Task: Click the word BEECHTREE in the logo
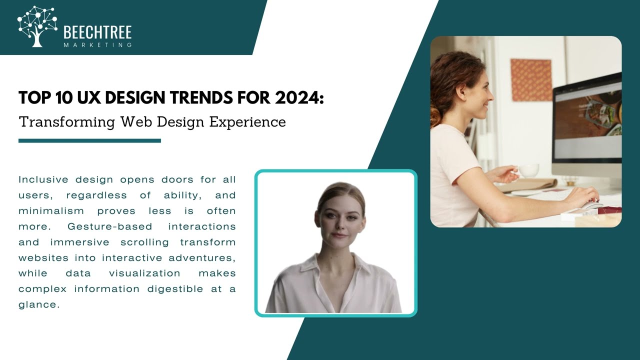(97, 33)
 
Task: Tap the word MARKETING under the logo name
(97, 45)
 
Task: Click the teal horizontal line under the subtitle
(89, 141)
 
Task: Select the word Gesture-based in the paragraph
(110, 226)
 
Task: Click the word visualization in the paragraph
(144, 273)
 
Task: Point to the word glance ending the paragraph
(38, 304)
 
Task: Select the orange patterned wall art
(530, 80)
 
